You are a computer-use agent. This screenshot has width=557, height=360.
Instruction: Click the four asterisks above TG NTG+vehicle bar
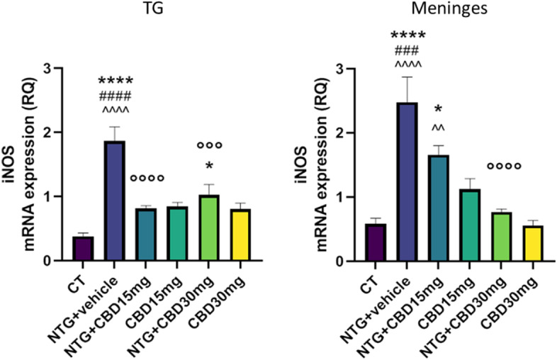point(115,82)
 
